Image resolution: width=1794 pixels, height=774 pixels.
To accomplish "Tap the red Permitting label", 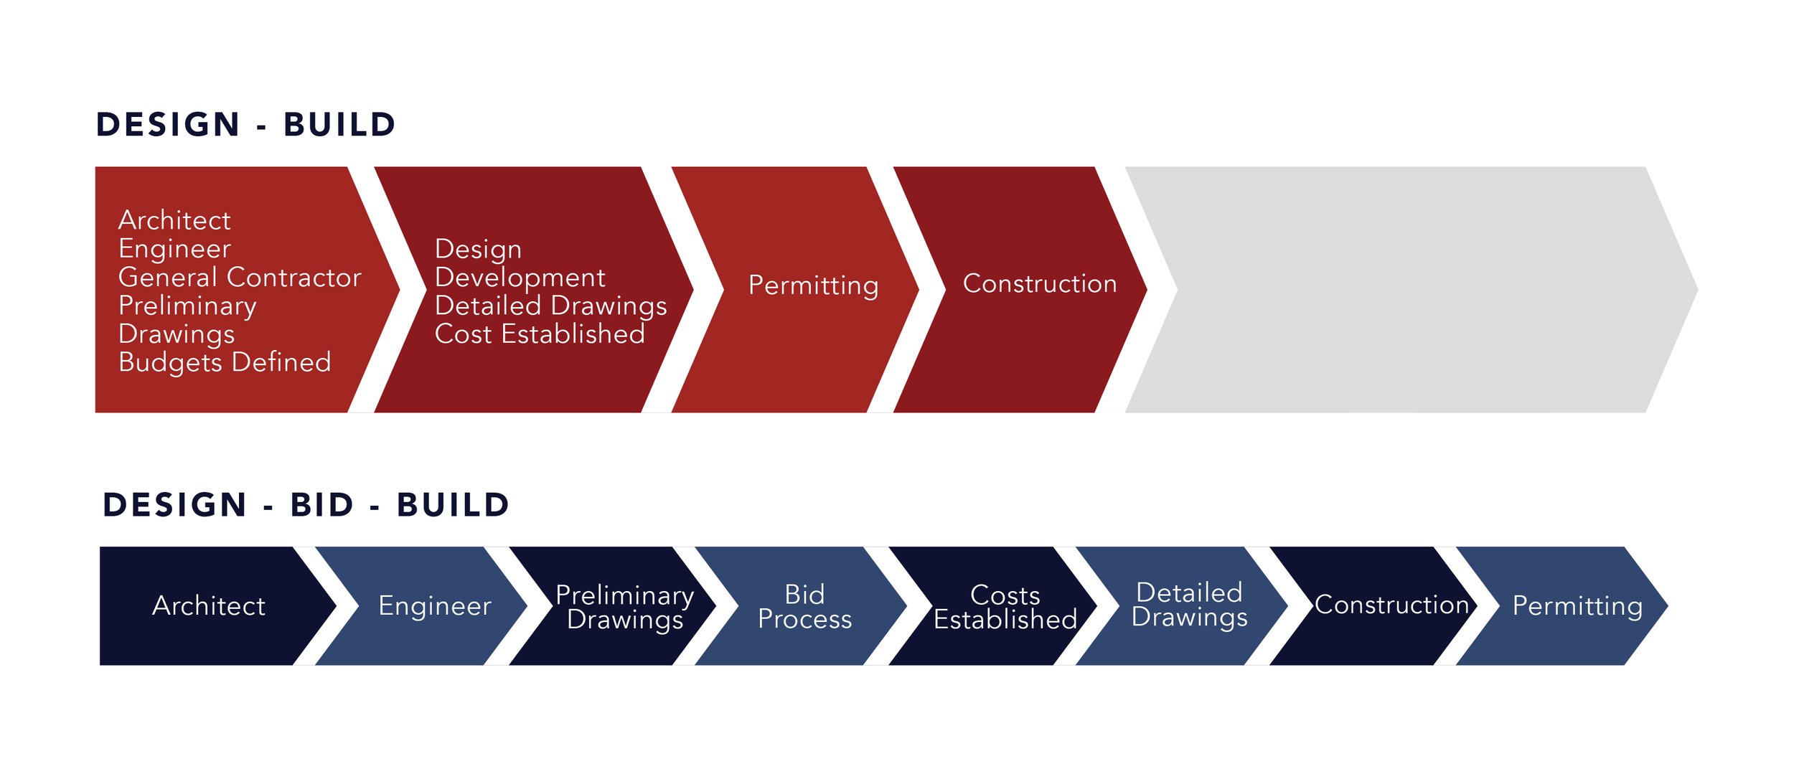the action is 813,285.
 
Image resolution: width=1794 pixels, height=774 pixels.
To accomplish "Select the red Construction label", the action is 1040,284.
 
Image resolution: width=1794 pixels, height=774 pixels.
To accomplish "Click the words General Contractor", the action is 240,278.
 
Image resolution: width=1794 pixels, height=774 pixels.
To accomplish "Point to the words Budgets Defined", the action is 225,362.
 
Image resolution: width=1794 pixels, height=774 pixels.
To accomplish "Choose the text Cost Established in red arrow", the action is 540,334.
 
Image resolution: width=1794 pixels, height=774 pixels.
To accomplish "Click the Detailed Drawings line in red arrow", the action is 550,306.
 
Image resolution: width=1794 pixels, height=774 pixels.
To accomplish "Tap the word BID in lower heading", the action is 322,505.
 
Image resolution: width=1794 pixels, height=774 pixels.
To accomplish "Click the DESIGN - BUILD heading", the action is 245,125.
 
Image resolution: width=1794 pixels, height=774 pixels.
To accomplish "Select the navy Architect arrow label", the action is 209,606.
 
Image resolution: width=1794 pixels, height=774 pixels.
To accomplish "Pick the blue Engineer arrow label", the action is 435,606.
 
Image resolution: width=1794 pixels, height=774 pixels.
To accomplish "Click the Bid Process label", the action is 804,607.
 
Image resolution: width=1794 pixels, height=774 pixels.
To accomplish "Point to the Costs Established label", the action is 1005,608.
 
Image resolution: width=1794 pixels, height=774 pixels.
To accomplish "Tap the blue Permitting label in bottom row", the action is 1577,606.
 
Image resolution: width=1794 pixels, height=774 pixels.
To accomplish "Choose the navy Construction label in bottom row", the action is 1391,605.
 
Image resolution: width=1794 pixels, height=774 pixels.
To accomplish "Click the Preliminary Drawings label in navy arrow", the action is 624,608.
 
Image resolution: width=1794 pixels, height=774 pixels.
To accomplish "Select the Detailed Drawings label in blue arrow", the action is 1189,605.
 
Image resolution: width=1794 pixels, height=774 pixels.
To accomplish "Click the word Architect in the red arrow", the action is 174,220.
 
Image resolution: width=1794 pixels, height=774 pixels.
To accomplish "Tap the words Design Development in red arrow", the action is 520,263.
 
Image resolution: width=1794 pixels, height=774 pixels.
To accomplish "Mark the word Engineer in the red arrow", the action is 174,249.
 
